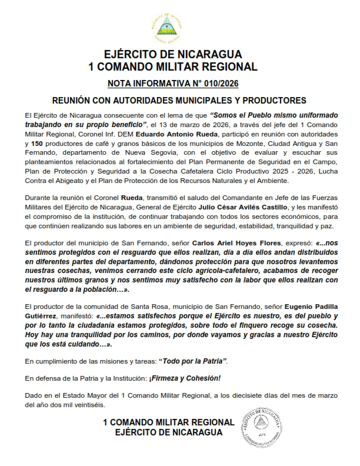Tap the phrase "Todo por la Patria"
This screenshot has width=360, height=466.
(193, 361)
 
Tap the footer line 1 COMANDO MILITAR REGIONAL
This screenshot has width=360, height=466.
(168, 423)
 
